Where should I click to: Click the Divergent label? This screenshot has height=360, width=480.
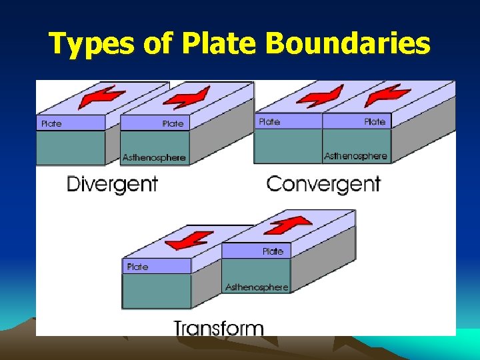112,183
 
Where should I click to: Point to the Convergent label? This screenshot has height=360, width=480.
323,183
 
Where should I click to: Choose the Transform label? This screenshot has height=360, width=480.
219,328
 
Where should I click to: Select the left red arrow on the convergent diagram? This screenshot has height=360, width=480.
320,96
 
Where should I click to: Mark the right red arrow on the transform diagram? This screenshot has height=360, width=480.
287,225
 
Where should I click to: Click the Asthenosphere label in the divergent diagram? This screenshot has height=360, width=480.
154,158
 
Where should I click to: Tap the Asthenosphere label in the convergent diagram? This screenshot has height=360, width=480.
355,156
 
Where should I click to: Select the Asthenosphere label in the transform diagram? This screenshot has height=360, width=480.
257,287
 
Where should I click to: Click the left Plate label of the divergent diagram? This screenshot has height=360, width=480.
51,123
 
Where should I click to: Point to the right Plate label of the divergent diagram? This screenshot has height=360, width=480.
173,123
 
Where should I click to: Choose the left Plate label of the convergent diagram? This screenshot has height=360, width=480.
269,121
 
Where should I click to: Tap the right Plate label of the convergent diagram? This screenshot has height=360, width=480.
375,121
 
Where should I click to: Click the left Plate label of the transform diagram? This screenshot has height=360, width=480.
137,267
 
